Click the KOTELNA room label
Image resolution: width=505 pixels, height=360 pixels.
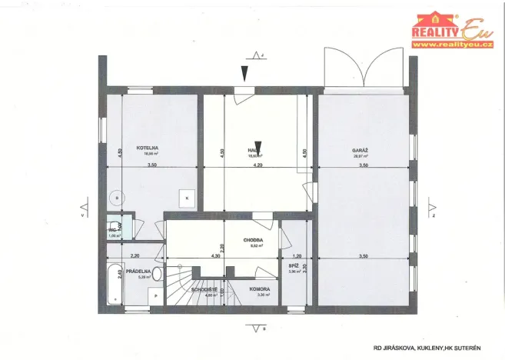click(x=148, y=147)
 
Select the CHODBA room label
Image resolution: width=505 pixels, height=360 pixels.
click(x=254, y=239)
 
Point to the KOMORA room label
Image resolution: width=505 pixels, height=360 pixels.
click(x=259, y=289)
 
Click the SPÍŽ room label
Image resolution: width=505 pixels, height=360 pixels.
click(x=294, y=265)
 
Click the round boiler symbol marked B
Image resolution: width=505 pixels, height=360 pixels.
click(x=116, y=198)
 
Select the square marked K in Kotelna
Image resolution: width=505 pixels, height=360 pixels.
click(x=187, y=198)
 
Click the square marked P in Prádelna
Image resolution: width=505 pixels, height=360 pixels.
click(x=155, y=295)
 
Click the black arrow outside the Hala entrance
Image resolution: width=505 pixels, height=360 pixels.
click(x=245, y=74)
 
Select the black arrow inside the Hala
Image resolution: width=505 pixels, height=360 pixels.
click(x=259, y=148)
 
